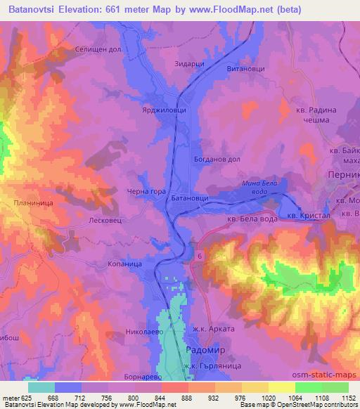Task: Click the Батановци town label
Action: click(x=190, y=200)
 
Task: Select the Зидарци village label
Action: click(x=188, y=64)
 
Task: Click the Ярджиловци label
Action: click(x=165, y=110)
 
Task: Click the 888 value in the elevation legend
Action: click(x=186, y=398)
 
